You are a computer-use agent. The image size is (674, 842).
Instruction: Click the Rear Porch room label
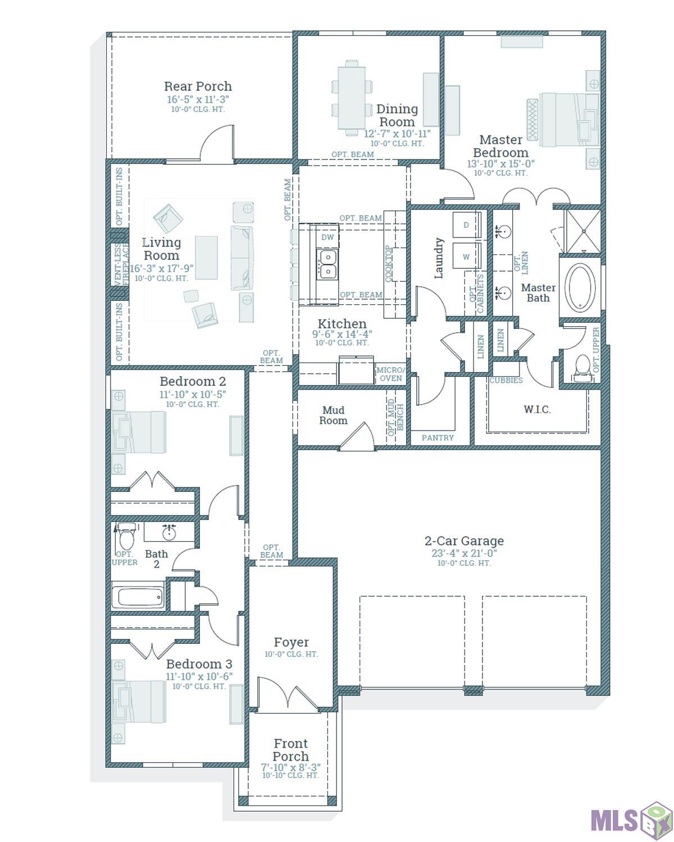click(x=198, y=86)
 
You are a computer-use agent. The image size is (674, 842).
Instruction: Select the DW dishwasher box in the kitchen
click(x=327, y=237)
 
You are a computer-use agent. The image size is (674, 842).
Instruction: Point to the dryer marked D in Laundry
click(x=466, y=225)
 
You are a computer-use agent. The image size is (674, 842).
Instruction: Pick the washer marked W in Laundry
click(x=466, y=257)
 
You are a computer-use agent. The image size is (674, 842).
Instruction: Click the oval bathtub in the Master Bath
click(x=581, y=288)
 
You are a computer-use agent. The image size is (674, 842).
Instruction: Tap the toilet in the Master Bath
click(x=583, y=366)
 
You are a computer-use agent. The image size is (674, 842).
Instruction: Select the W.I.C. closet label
click(x=537, y=409)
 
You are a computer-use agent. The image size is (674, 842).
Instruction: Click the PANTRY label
click(x=438, y=438)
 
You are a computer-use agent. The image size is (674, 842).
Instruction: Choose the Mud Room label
click(x=333, y=415)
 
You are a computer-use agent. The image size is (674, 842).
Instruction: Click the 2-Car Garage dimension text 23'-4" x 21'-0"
click(x=464, y=553)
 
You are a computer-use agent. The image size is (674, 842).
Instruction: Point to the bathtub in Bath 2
click(x=138, y=598)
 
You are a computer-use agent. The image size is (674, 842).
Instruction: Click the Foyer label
click(x=291, y=642)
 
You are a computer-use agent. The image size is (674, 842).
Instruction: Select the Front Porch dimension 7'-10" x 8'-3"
click(x=290, y=767)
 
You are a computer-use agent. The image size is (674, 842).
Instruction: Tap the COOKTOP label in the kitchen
click(x=388, y=263)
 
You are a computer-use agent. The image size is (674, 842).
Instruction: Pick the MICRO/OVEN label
click(x=390, y=374)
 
